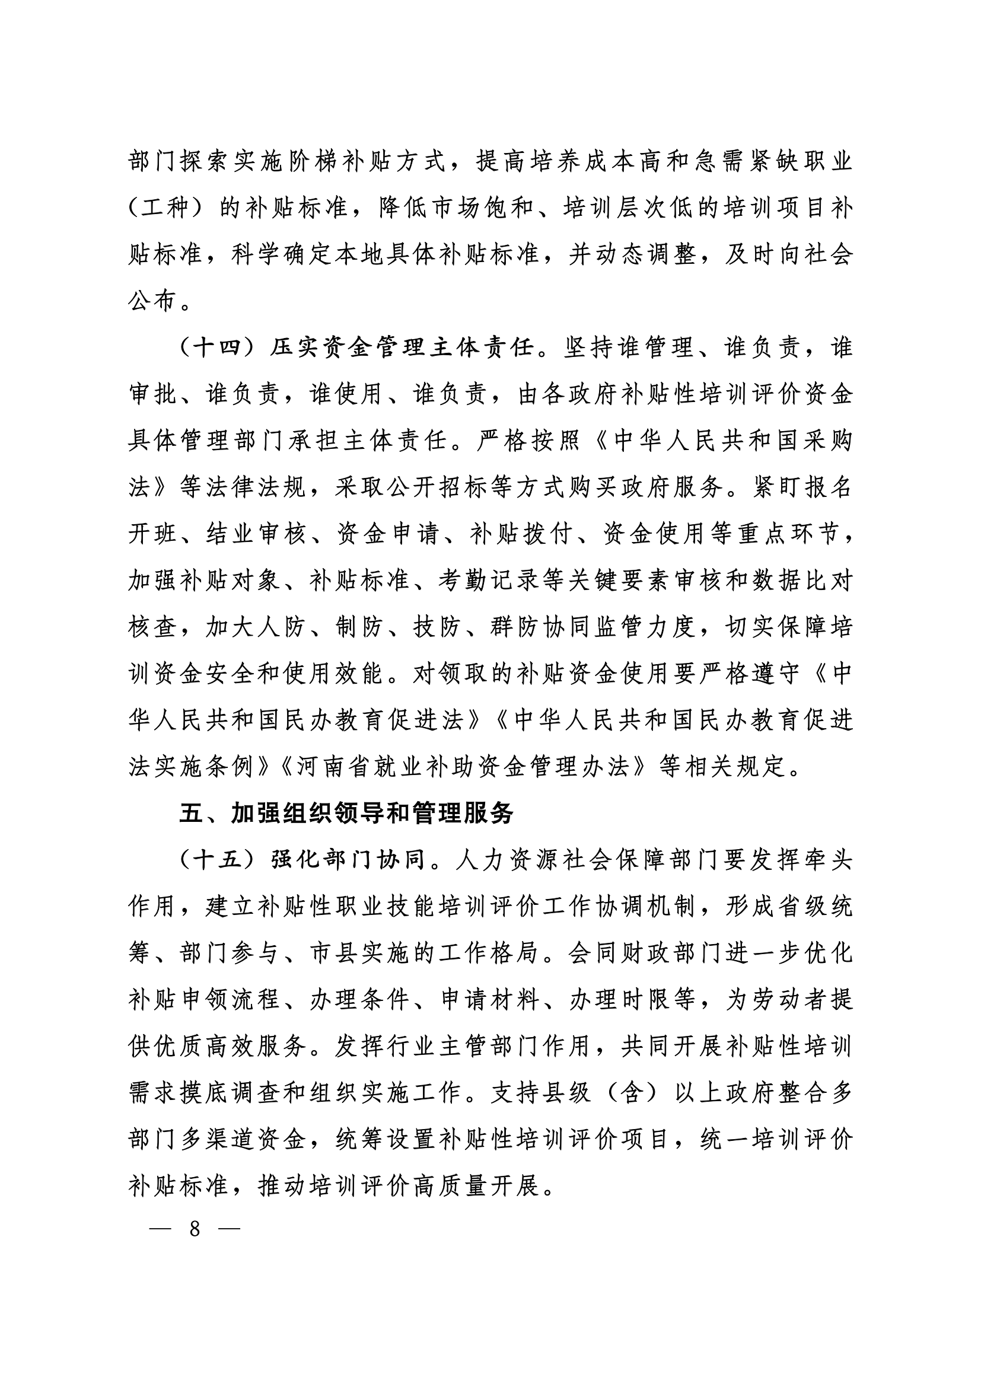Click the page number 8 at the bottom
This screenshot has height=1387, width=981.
click(x=195, y=1229)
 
